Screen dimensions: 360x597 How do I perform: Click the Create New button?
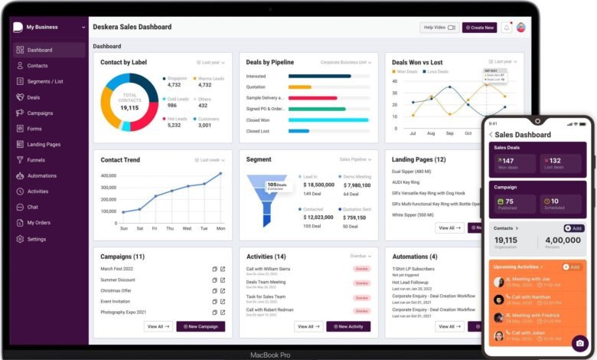479,28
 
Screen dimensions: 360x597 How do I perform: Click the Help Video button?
439,28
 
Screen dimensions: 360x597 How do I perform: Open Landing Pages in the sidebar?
44,145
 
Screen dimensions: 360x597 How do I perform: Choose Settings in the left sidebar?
36,239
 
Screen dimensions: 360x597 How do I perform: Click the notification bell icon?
507,28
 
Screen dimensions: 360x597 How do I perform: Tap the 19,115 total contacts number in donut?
129,108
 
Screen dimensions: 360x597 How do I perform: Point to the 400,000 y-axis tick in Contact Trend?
108,175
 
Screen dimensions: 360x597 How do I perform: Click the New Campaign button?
201,326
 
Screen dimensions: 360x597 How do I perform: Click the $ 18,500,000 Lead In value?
318,185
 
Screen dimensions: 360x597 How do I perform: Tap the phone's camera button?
579,343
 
